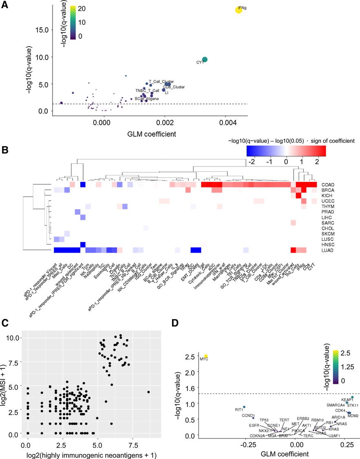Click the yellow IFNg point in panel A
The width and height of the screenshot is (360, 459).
[239, 10]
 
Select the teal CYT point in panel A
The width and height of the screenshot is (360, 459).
[205, 60]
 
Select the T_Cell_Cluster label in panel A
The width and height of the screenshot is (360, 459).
[161, 81]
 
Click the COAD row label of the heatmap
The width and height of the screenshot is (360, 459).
[327, 185]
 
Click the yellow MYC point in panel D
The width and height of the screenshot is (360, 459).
[206, 356]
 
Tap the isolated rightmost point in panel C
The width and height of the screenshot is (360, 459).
[149, 392]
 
